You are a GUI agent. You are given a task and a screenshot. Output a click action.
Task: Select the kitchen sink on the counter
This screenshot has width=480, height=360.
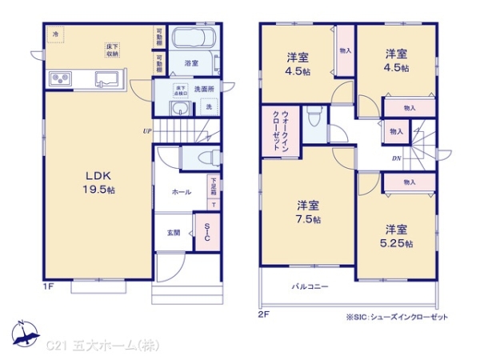106,78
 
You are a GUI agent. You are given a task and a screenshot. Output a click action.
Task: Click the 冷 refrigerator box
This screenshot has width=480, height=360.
56,35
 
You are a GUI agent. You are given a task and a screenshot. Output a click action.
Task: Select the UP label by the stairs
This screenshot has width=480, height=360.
147,130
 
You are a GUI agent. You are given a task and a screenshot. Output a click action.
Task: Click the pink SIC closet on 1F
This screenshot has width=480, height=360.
206,233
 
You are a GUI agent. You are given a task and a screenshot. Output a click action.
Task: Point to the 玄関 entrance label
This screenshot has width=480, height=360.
173,233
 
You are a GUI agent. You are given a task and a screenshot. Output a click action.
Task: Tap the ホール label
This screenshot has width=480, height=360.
180,193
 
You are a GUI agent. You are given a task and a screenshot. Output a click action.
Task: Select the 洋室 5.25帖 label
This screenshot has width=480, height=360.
396,235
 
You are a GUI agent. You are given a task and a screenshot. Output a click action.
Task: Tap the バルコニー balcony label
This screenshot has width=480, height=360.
309,286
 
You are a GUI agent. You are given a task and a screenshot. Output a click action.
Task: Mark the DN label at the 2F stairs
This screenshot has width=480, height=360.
396,158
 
